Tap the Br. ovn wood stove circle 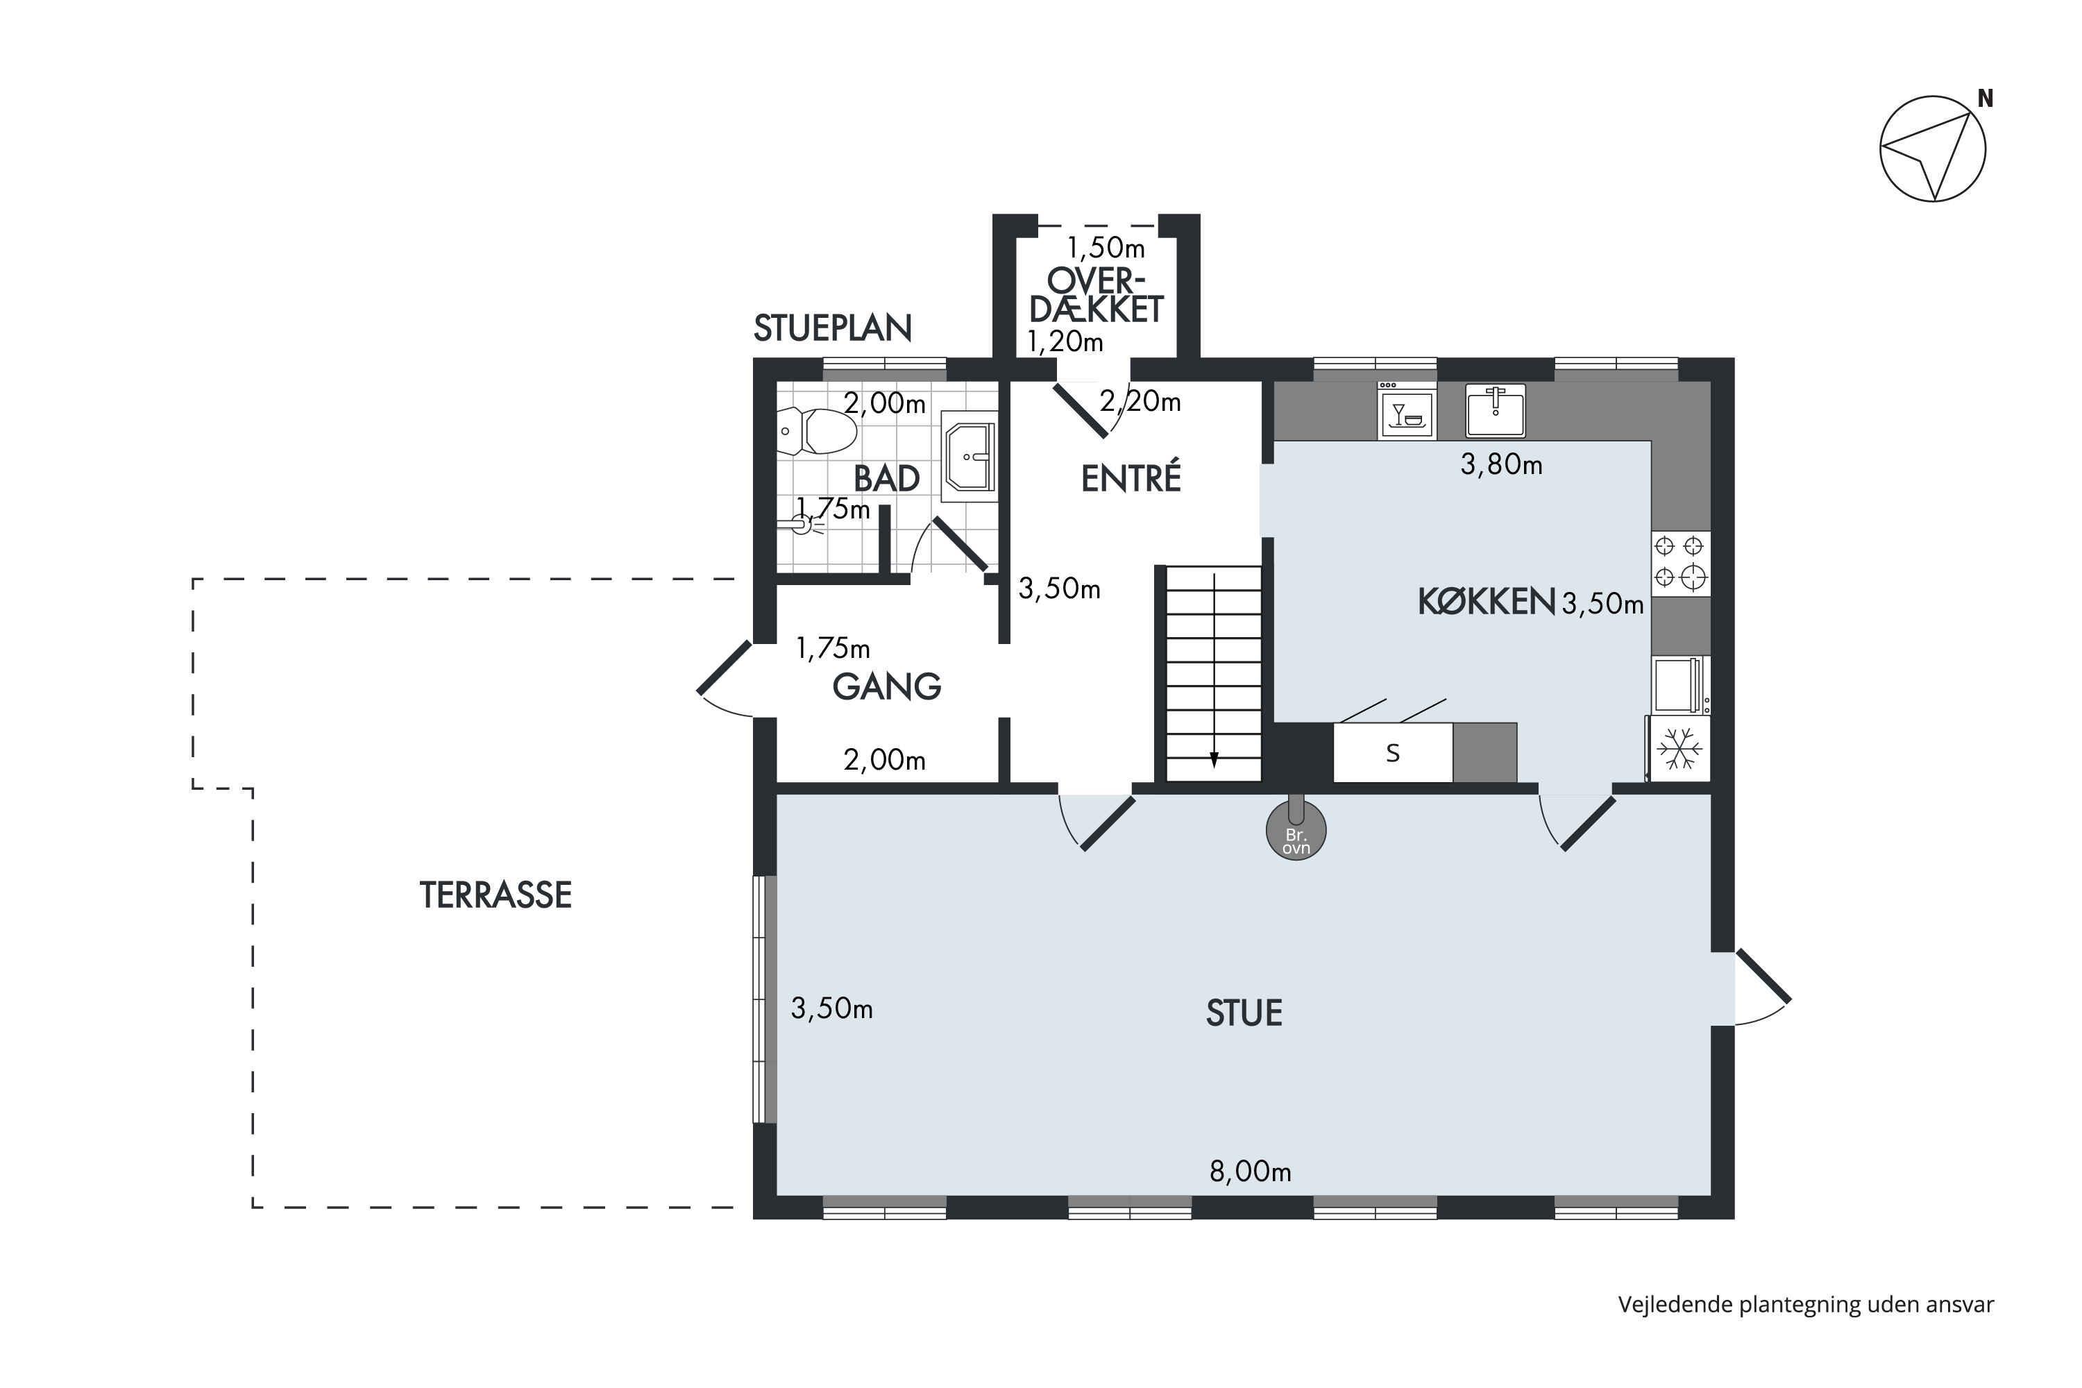click(x=1296, y=830)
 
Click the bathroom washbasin click(x=970, y=456)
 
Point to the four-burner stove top click(x=1680, y=561)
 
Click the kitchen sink click(x=1495, y=411)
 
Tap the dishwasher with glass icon click(x=1407, y=411)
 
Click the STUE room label click(x=1244, y=1013)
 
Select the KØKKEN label click(x=1487, y=602)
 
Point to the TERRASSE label click(x=496, y=895)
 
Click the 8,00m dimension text click(x=1250, y=1171)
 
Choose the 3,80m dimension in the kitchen click(x=1501, y=464)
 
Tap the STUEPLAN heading click(x=832, y=328)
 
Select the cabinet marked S click(x=1392, y=752)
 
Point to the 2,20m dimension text click(x=1140, y=401)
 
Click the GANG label click(x=886, y=686)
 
